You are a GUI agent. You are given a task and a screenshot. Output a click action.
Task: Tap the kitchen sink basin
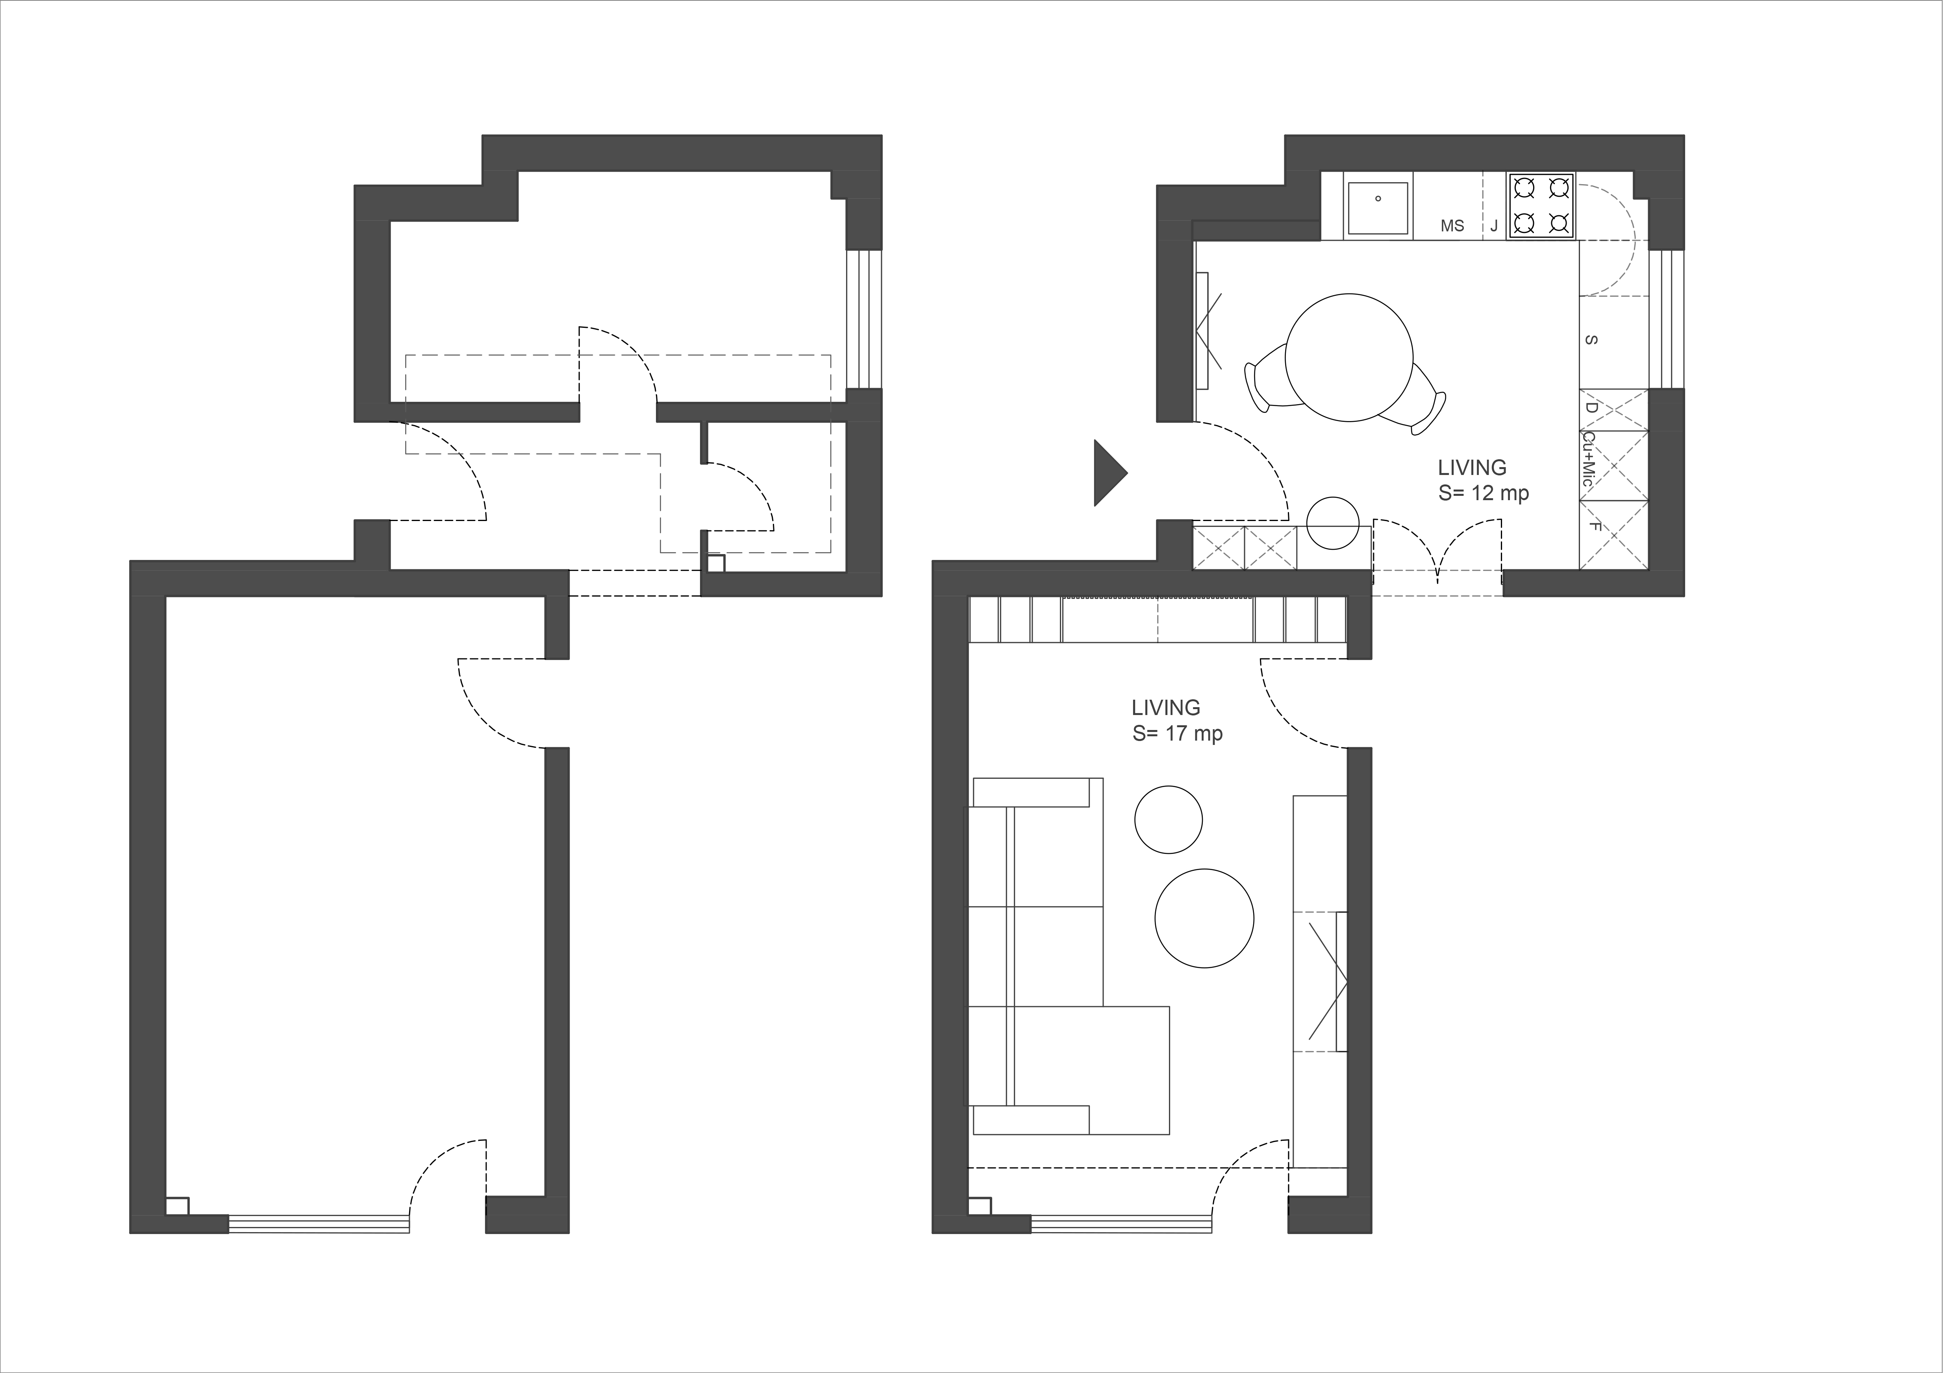pos(1380,207)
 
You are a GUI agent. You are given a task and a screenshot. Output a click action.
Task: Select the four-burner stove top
pos(1540,205)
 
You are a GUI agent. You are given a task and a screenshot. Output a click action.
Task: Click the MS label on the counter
pos(1452,226)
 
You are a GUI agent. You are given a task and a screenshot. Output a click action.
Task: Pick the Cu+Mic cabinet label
pos(1588,459)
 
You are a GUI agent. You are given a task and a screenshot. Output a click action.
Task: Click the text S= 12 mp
pos(1484,493)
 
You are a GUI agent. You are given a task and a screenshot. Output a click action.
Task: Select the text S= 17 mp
pos(1177,734)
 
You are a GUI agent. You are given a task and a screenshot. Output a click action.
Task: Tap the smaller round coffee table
pos(1168,819)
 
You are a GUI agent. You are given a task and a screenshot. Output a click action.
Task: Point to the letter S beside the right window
pos(1590,340)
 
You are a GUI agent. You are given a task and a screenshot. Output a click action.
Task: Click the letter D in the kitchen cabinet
pos(1590,408)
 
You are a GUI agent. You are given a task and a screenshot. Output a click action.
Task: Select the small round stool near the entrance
pos(1333,523)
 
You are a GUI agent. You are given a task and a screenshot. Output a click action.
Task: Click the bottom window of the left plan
pos(319,1224)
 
